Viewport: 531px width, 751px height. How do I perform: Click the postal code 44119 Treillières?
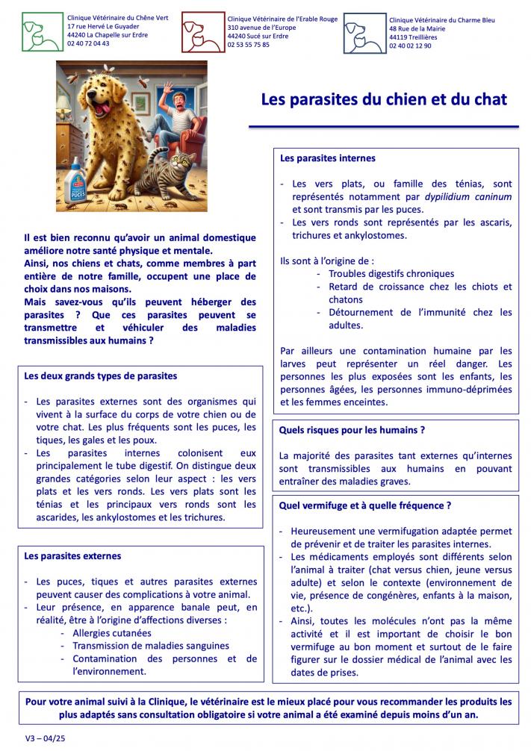413,37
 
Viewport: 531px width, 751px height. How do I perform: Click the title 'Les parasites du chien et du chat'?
383,99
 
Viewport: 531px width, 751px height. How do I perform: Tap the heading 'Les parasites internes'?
317,159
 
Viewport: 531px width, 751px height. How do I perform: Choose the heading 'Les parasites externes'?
72,556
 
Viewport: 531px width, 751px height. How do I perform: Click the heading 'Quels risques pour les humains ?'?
352,431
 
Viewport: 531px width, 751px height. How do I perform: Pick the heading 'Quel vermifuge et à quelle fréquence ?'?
365,505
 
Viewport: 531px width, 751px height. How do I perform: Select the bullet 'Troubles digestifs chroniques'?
391,274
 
